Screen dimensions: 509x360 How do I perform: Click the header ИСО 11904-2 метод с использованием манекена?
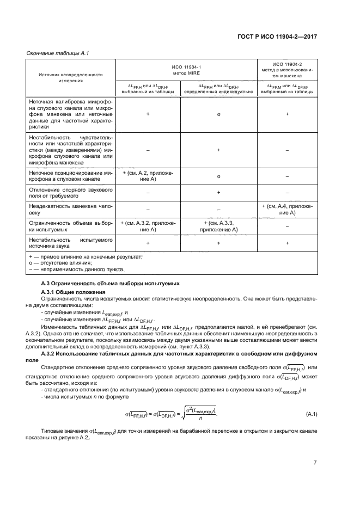[x=287, y=70]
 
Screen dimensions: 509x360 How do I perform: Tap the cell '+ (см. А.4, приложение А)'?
[x=287, y=210]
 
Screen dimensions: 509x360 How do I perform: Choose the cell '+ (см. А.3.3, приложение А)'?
[x=218, y=226]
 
